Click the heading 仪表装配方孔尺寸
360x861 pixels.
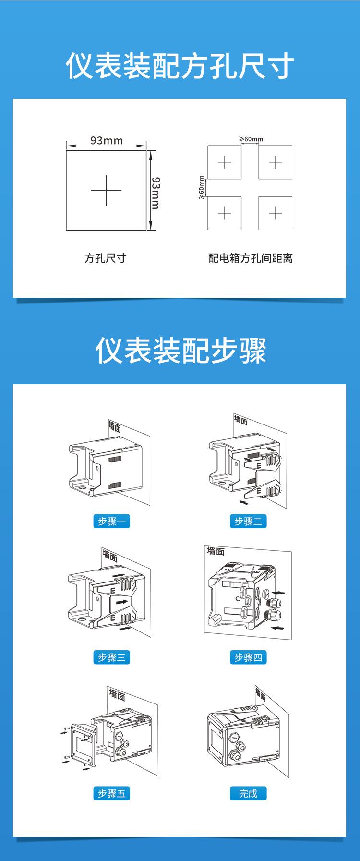coord(180,67)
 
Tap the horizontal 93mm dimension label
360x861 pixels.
coord(107,140)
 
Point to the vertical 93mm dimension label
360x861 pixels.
coord(156,192)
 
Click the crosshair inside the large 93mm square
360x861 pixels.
coord(106,190)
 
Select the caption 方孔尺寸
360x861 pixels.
coord(105,258)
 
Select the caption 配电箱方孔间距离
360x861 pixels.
coord(250,258)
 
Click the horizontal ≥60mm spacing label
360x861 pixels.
coord(251,139)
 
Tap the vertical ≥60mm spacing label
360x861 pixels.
coord(202,187)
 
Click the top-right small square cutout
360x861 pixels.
coord(275,162)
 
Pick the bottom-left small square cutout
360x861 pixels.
coord(224,213)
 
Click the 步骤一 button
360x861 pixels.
coord(111,521)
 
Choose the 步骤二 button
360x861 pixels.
coord(248,521)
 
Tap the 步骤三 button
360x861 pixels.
coord(111,657)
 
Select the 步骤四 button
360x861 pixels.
coord(248,657)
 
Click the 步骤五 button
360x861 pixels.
coord(111,794)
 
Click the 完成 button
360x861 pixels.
coord(248,794)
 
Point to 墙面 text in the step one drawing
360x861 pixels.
coord(115,426)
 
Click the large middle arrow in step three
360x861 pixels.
coord(122,601)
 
